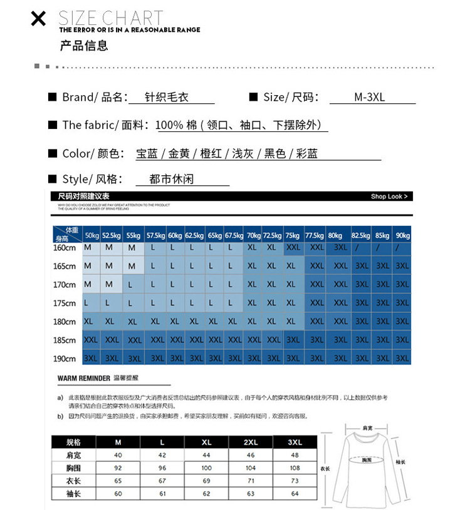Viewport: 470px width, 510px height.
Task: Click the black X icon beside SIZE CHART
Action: (x=38, y=19)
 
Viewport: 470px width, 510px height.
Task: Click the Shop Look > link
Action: (x=389, y=196)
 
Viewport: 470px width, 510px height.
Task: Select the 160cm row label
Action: (x=65, y=248)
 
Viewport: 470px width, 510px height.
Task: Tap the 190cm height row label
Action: (x=65, y=359)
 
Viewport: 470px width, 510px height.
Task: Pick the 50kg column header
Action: (x=92, y=236)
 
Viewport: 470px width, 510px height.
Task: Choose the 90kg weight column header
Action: (x=402, y=236)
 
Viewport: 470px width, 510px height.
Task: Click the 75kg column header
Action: (x=292, y=236)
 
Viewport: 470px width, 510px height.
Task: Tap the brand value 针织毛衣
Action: (x=167, y=97)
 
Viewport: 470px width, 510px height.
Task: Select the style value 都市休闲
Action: (x=172, y=179)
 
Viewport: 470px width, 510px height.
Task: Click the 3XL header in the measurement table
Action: (x=295, y=442)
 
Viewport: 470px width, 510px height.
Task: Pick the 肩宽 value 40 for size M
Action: (x=118, y=455)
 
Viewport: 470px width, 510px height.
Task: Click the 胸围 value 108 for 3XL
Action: (x=295, y=467)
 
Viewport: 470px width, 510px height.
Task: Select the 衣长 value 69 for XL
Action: (x=206, y=481)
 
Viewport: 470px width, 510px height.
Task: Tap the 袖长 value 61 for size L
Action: (x=162, y=493)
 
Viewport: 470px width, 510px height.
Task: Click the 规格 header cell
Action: (x=73, y=442)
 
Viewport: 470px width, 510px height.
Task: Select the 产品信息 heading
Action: (x=84, y=45)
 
